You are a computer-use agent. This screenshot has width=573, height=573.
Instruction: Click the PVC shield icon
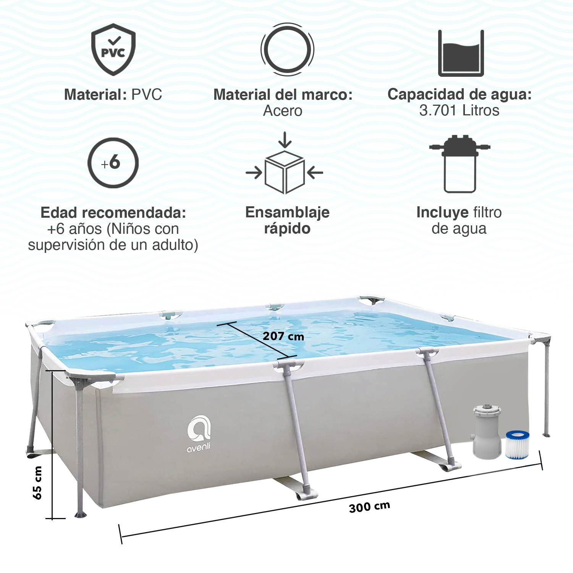point(113,49)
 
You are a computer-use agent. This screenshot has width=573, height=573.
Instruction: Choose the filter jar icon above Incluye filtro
point(460,164)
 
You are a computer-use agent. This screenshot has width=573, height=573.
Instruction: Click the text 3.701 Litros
point(460,111)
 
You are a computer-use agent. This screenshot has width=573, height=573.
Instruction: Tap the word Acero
point(283,111)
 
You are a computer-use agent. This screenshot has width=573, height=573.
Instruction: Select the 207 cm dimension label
point(283,337)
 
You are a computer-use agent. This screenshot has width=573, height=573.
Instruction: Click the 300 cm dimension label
point(370,507)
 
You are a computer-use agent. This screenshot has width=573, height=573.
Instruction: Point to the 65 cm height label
point(37,482)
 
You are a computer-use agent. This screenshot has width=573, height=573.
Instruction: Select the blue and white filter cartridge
point(518,444)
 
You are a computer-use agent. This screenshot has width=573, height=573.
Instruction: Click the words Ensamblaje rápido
point(287,220)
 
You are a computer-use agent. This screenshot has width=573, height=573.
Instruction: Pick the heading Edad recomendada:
point(113,213)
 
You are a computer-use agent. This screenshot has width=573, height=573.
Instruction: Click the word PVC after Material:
point(147,95)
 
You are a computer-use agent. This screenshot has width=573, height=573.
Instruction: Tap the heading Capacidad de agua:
point(460,94)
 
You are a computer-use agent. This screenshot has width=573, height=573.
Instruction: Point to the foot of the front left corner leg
point(81,514)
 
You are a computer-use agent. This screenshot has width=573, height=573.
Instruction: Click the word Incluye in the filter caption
point(442,212)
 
